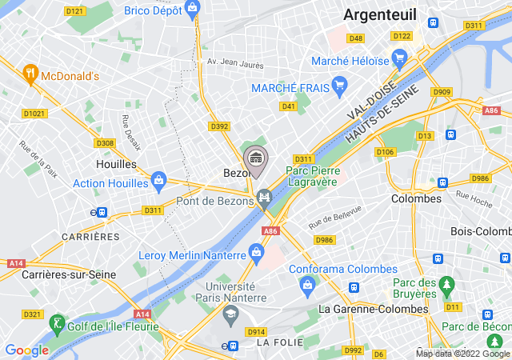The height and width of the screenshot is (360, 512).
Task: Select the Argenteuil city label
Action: [378, 14]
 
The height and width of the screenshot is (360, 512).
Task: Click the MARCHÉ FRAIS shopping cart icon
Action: [339, 83]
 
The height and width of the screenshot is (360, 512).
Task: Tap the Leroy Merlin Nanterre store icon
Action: [257, 253]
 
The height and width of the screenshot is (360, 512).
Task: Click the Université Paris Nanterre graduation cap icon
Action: [230, 314]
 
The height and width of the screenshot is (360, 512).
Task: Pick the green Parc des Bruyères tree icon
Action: [446, 284]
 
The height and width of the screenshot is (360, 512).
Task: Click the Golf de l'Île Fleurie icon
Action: [56, 323]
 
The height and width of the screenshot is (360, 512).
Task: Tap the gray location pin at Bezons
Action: [256, 158]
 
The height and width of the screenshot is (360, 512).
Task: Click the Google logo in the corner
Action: [27, 350]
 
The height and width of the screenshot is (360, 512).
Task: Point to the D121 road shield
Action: [74, 11]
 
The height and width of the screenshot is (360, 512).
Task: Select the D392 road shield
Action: [219, 126]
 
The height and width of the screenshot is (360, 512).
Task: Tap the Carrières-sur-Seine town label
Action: [58, 275]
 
